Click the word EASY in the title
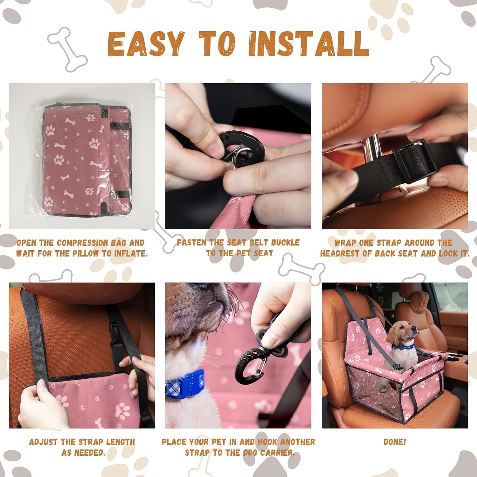[x=146, y=44]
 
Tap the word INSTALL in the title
[x=308, y=44]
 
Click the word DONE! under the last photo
[x=395, y=442]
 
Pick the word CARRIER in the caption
[x=277, y=453]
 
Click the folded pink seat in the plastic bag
[x=87, y=159]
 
